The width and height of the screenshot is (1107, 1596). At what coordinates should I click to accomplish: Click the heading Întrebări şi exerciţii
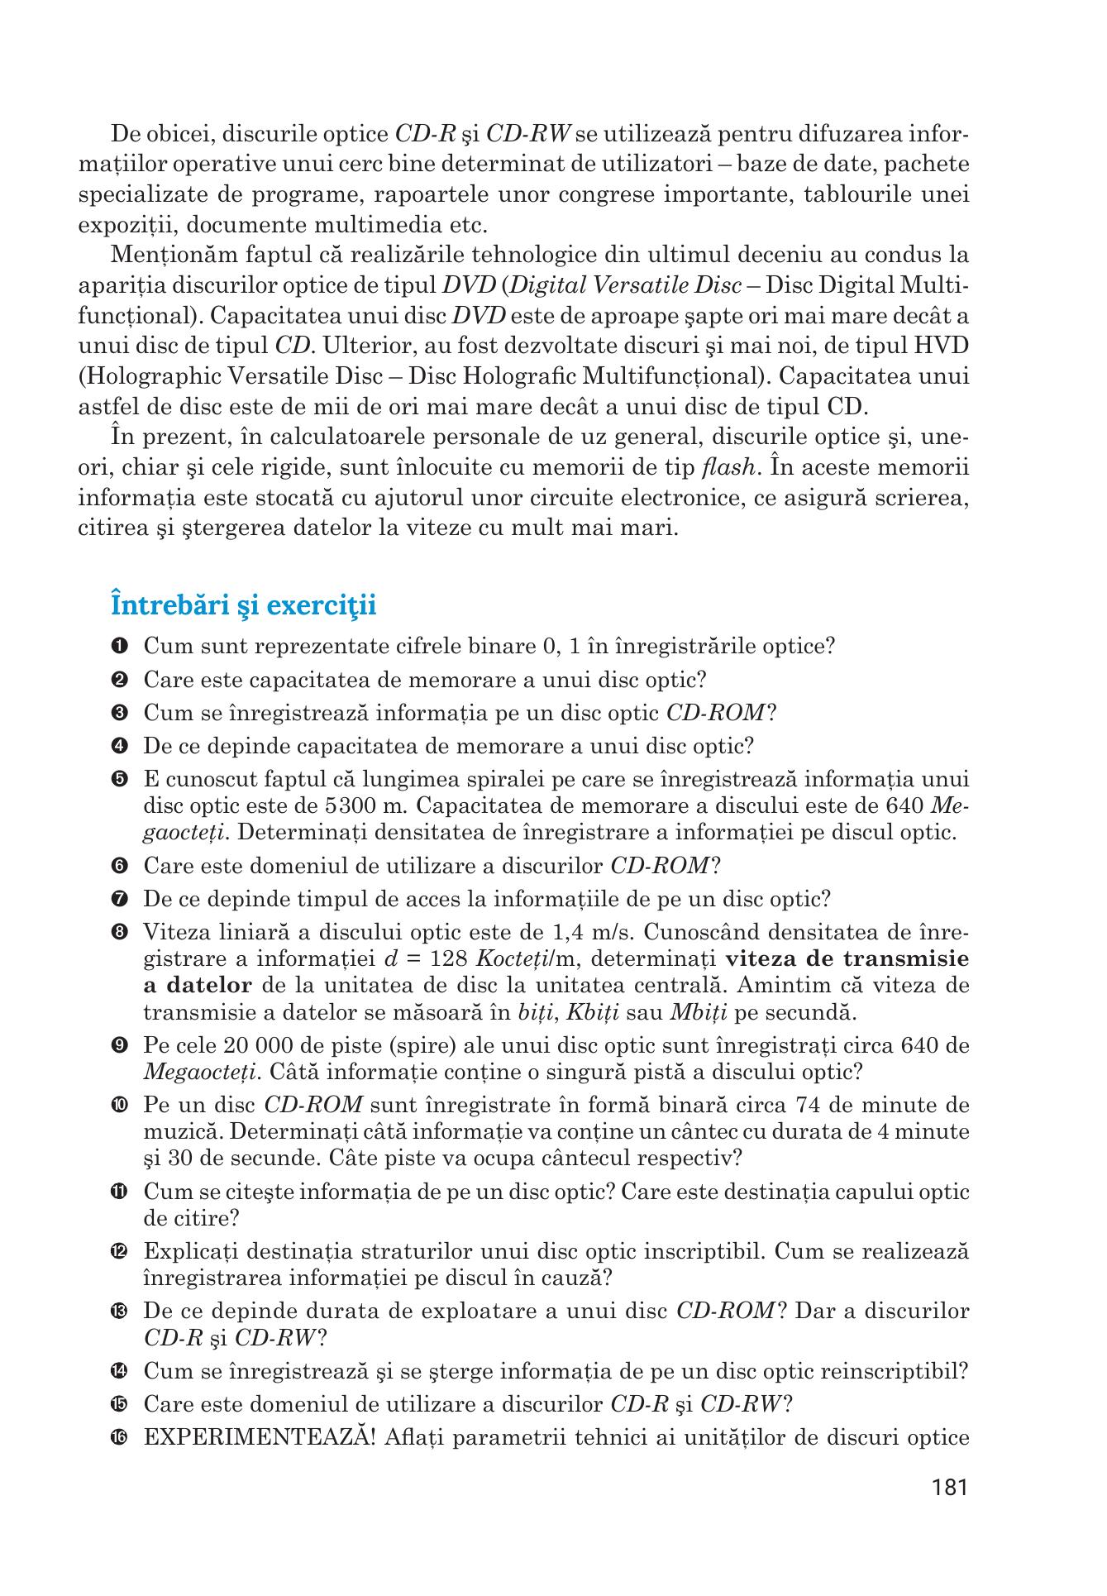click(243, 604)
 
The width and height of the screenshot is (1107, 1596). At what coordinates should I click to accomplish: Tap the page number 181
click(948, 1488)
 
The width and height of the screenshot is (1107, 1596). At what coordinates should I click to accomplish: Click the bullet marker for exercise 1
click(117, 646)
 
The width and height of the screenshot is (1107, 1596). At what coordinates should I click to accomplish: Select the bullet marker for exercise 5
click(117, 780)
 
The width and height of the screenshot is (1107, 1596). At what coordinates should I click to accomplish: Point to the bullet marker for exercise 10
click(117, 1106)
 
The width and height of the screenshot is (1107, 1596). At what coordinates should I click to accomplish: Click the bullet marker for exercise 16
click(117, 1438)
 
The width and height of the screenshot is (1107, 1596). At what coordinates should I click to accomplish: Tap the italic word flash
click(727, 468)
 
